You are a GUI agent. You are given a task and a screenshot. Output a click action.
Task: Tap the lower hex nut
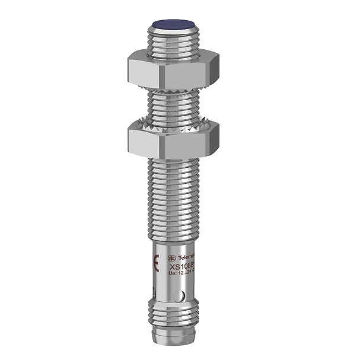171,137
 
